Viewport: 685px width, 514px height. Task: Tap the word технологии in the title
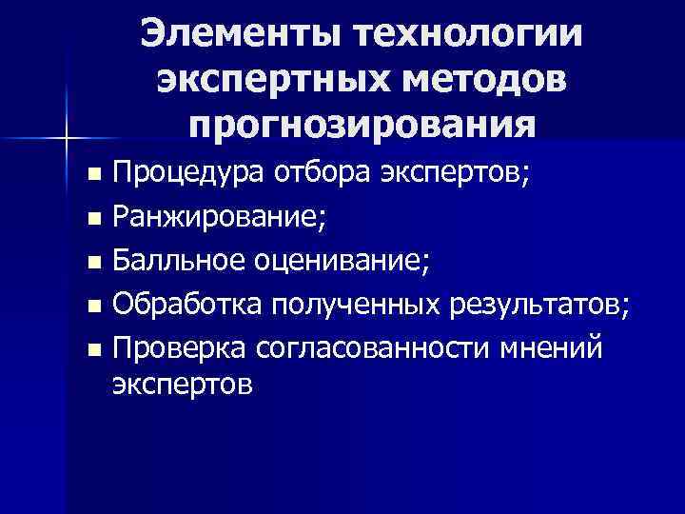(x=462, y=35)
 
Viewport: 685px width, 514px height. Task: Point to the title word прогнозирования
(x=362, y=124)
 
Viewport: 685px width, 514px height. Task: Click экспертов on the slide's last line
(x=183, y=386)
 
